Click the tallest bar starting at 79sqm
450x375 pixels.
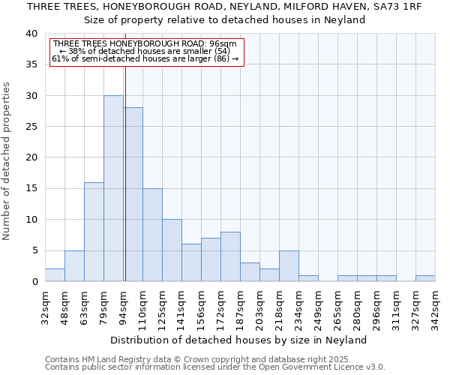tap(113, 188)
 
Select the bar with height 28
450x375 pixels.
tap(133, 194)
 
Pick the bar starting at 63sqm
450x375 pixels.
tap(94, 232)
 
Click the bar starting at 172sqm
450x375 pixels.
tap(230, 256)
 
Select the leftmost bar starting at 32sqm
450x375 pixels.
tap(55, 275)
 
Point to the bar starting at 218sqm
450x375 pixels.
tap(289, 266)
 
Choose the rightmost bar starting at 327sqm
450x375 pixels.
tap(425, 278)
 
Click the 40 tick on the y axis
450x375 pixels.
tap(31, 34)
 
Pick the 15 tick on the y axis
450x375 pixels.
tap(31, 188)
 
